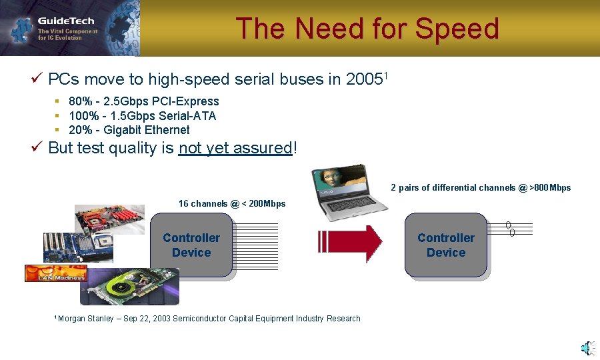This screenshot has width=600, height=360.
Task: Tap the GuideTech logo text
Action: click(65, 21)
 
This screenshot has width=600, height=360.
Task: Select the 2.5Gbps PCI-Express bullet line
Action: click(143, 101)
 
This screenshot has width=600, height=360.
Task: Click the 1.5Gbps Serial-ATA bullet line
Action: click(142, 116)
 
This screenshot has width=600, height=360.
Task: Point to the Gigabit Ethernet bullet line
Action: click(129, 130)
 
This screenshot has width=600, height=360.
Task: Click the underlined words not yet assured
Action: click(235, 148)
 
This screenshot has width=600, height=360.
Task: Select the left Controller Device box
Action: click(191, 245)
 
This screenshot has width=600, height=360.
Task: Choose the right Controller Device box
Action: click(446, 245)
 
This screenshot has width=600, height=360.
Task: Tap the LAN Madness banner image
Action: click(55, 273)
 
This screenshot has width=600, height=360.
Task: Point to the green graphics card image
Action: click(130, 285)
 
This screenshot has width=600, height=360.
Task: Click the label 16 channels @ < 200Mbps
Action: click(231, 203)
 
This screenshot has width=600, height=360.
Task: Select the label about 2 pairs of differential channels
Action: click(480, 188)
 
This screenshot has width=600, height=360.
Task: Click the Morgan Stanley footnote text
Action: click(208, 319)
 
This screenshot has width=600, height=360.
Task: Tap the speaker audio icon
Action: click(587, 348)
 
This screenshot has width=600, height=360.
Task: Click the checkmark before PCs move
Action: click(37, 79)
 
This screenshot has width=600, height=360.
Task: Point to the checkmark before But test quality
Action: click(37, 147)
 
